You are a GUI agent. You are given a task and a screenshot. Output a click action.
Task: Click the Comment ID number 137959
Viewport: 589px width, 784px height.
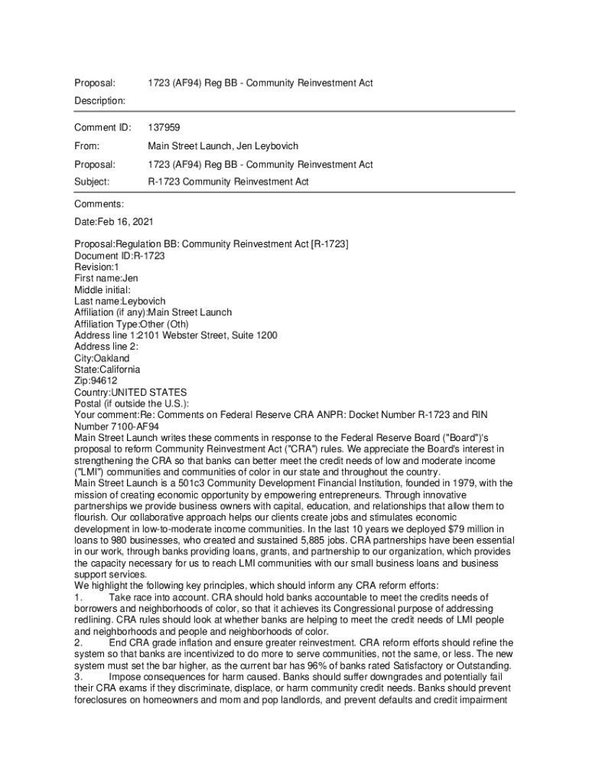click(x=164, y=127)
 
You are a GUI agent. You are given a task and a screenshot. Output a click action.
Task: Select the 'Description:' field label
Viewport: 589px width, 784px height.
click(x=99, y=101)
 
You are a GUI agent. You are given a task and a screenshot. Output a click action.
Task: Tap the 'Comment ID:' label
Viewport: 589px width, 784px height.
click(x=103, y=127)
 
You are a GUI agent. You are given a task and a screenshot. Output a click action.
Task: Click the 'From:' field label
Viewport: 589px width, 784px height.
click(x=87, y=145)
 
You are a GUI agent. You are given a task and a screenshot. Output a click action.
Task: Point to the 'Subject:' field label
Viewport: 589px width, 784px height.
click(x=92, y=182)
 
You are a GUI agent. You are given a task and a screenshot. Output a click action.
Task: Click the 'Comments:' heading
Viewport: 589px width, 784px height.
click(x=99, y=204)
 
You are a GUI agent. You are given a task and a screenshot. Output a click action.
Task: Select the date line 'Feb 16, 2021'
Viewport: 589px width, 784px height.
click(x=113, y=222)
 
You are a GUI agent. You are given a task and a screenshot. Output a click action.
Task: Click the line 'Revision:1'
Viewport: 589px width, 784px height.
click(x=96, y=267)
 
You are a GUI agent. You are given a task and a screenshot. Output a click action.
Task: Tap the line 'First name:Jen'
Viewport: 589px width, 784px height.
click(x=106, y=279)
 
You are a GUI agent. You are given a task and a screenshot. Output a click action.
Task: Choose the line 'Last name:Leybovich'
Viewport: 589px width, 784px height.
click(x=119, y=302)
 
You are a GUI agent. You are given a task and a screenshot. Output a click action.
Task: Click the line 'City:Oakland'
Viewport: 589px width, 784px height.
click(x=102, y=358)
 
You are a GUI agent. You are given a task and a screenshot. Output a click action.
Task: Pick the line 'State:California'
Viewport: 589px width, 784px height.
click(x=107, y=370)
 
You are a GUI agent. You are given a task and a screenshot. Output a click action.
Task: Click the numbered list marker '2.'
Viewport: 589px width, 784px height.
click(x=78, y=643)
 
